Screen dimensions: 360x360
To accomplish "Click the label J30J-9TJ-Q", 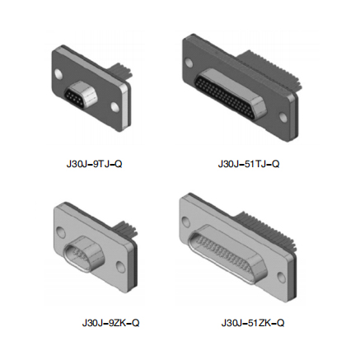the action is tap(94, 164).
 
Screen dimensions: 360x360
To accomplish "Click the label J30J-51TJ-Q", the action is tap(249, 164).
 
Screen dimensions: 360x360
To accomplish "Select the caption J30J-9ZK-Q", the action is tap(110, 323).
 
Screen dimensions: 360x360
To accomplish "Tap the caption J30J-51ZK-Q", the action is tap(253, 323).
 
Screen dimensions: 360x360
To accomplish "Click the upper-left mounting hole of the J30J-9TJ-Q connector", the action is tap(58, 74).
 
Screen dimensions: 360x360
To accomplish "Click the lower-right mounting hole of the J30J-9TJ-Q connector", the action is tap(115, 107).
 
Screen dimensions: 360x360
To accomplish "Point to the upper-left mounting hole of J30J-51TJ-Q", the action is tap(189, 63).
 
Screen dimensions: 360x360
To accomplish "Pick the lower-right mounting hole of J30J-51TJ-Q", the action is tap(283, 117).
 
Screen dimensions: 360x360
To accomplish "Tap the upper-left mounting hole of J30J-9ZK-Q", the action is tap(61, 233).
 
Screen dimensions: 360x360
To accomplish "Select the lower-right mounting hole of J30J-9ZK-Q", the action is tap(120, 267).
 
